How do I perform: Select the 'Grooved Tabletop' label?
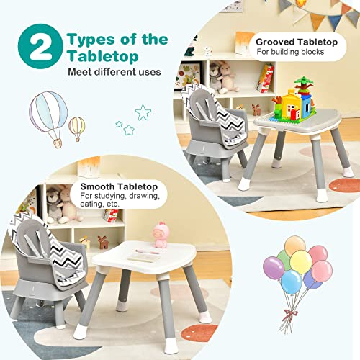[296, 42]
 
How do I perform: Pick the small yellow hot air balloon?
[76, 127]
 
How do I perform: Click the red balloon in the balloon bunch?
[320, 271]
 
